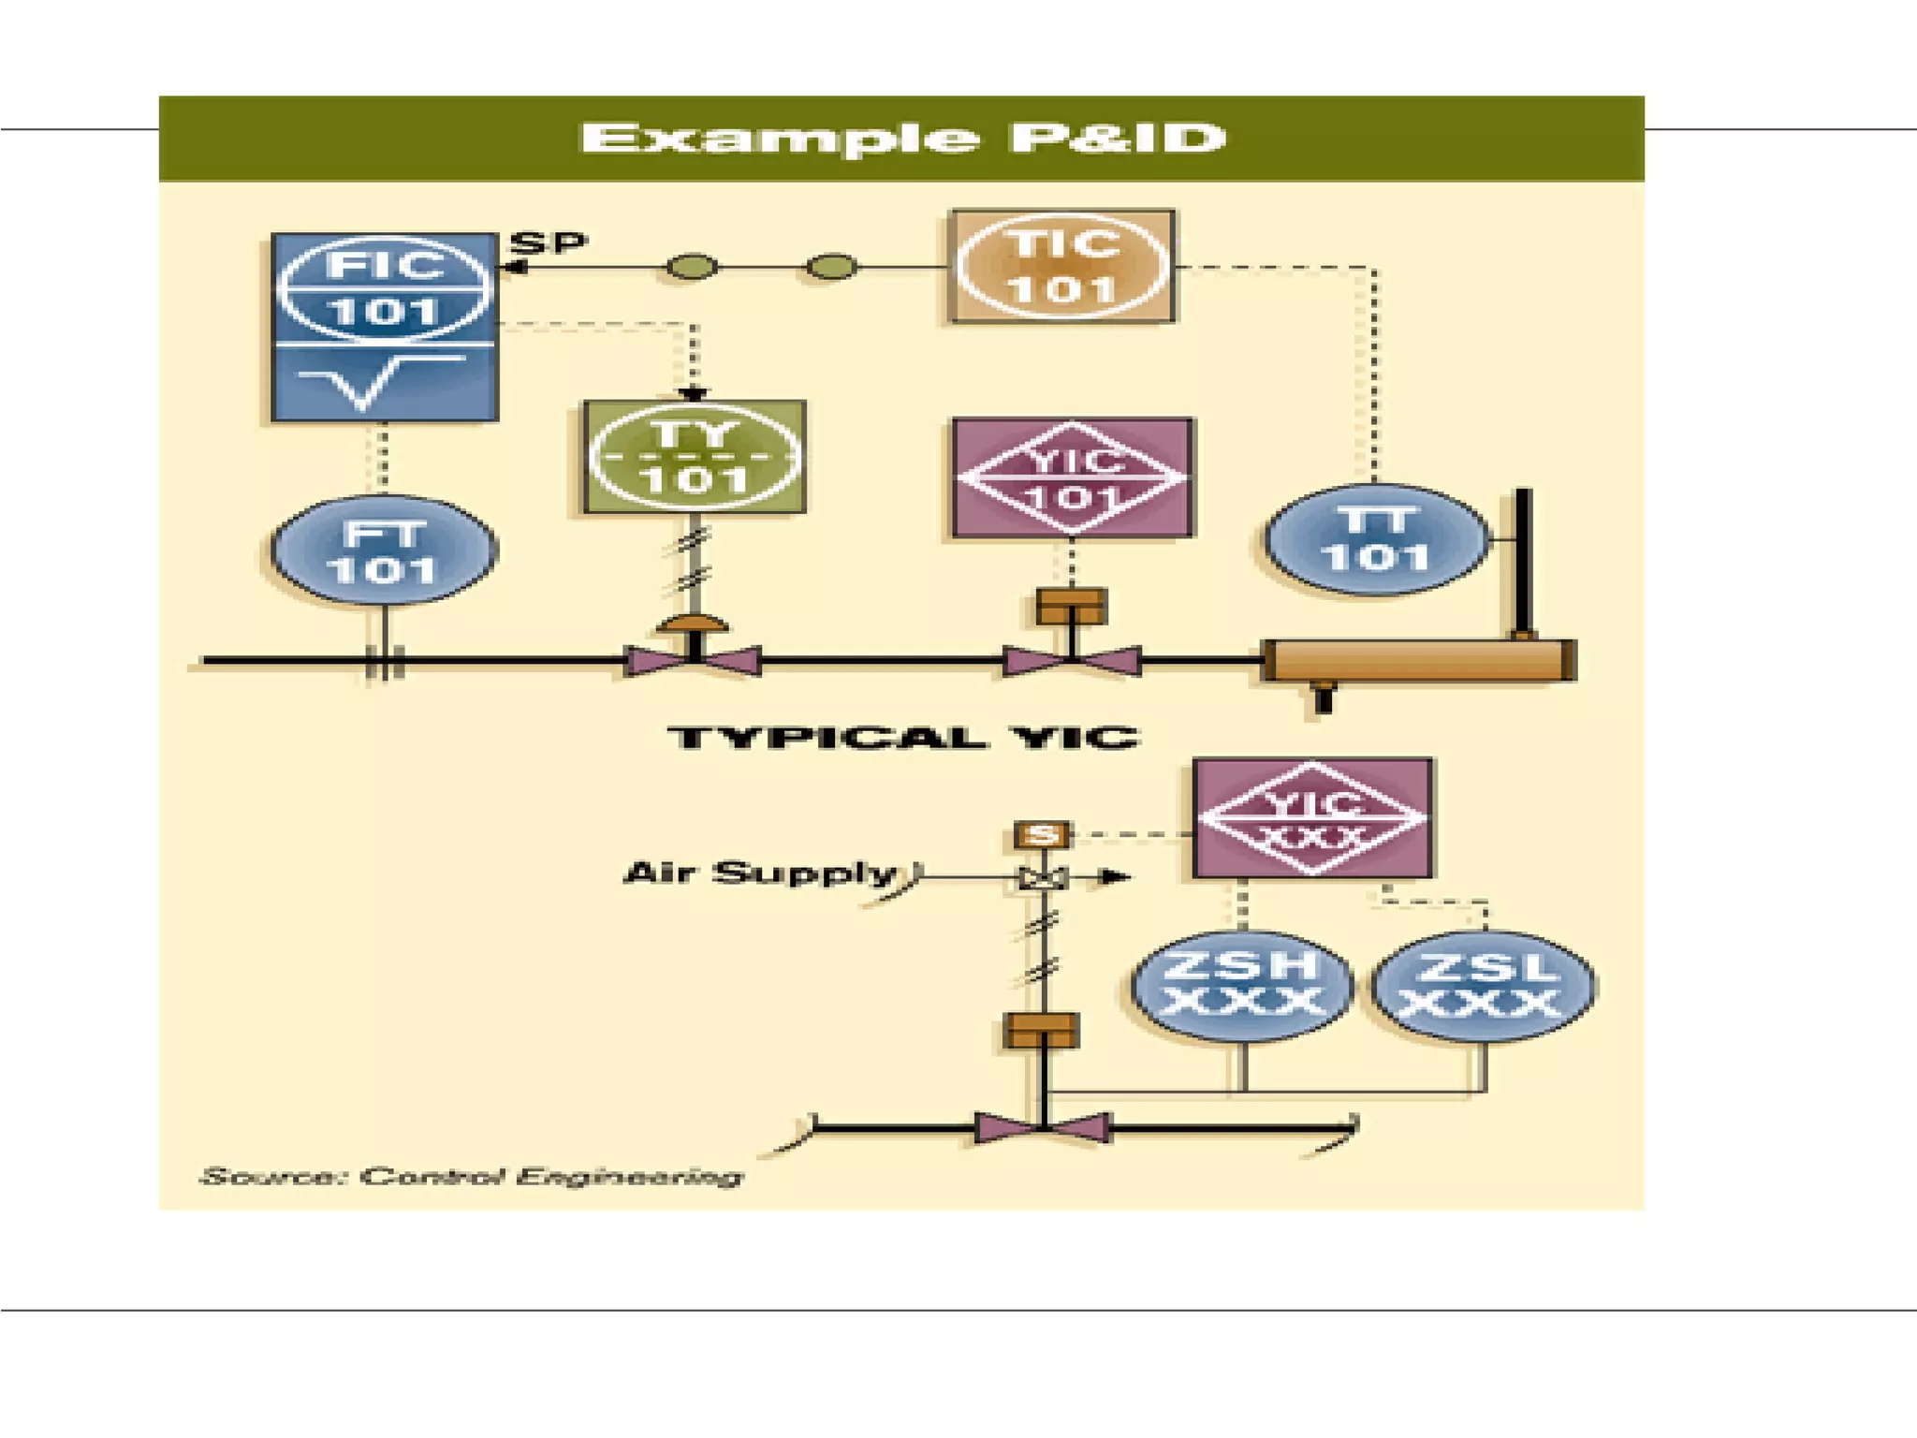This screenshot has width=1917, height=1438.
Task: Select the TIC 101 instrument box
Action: click(x=1062, y=267)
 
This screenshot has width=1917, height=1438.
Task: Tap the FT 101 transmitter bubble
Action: click(x=384, y=550)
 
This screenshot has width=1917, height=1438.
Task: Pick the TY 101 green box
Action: click(x=694, y=457)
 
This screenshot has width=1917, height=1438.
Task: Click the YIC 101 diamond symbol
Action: click(x=1073, y=478)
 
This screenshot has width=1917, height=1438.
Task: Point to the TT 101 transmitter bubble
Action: click(x=1375, y=539)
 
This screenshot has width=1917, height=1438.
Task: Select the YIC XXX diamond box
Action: click(x=1312, y=818)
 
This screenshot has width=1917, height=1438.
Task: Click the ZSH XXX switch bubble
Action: click(x=1242, y=986)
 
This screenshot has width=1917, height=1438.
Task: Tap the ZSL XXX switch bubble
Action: click(x=1483, y=986)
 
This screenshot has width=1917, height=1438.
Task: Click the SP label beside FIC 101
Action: click(x=549, y=242)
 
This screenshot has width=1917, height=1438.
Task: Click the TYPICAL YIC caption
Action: click(x=903, y=738)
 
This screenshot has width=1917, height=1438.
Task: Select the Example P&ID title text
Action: click(x=902, y=139)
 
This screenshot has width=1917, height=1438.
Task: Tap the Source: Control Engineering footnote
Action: click(x=472, y=1176)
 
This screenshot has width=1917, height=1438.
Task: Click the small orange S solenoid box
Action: click(x=1042, y=834)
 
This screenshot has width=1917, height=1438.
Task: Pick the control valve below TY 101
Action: click(x=693, y=659)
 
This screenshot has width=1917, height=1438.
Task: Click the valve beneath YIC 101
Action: click(x=1072, y=660)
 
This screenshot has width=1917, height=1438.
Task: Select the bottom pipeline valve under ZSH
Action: click(x=1043, y=1127)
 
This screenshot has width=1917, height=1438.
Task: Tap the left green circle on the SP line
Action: click(x=692, y=268)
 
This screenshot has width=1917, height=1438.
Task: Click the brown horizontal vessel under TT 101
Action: click(x=1418, y=660)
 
